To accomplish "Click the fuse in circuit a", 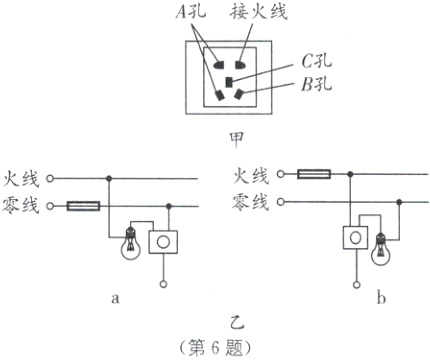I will (82, 206).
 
